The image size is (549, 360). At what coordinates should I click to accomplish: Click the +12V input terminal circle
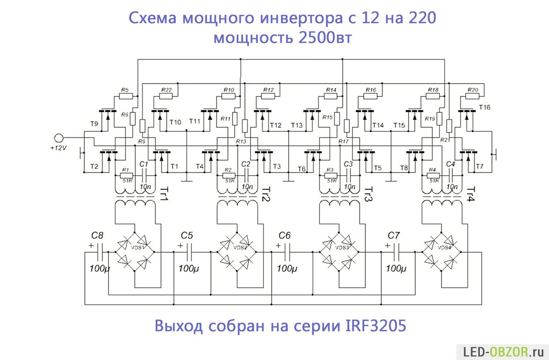58,137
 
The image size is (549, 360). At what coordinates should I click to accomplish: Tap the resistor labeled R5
125,97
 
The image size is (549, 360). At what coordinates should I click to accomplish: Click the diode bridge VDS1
135,252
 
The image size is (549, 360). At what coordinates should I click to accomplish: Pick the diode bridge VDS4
442,252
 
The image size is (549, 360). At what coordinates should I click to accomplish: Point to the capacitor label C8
97,236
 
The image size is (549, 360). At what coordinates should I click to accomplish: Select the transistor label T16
484,107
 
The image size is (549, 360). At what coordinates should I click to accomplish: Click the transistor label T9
94,124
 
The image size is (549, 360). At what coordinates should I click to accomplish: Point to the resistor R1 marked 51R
126,175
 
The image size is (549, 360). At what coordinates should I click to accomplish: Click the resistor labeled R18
433,97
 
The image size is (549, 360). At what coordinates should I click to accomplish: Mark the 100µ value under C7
396,269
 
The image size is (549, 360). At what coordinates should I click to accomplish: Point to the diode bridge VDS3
340,252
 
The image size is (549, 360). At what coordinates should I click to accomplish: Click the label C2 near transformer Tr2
246,164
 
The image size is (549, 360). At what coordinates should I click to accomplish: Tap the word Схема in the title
153,19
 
